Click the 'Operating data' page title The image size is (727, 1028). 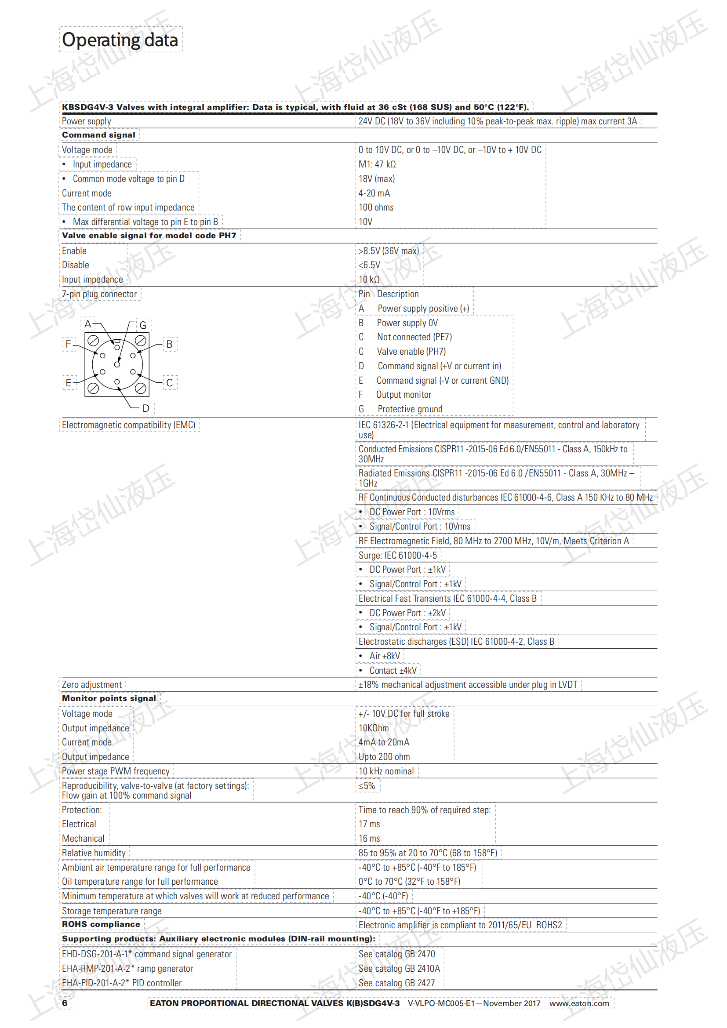point(120,40)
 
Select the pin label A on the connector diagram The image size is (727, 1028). point(88,324)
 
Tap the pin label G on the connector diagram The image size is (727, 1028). point(143,325)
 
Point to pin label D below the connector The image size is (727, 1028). point(146,408)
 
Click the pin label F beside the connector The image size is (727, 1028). point(69,344)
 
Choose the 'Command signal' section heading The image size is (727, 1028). point(98,135)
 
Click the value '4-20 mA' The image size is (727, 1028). point(374,193)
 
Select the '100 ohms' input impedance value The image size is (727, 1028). point(376,208)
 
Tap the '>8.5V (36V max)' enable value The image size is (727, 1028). point(388,251)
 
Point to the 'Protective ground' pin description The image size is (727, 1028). point(410,409)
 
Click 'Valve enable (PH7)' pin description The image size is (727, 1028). point(411,352)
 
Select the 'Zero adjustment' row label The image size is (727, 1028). point(92,685)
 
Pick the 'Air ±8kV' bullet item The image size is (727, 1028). point(385,656)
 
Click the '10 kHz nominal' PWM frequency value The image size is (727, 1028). point(386,771)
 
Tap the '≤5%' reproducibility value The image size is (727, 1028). point(367,786)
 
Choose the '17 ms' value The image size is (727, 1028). point(369,824)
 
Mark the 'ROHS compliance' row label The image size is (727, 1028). point(101,925)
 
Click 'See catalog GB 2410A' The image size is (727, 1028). point(399,969)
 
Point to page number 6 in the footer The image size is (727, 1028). point(65,1003)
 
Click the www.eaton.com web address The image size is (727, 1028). point(579,1003)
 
